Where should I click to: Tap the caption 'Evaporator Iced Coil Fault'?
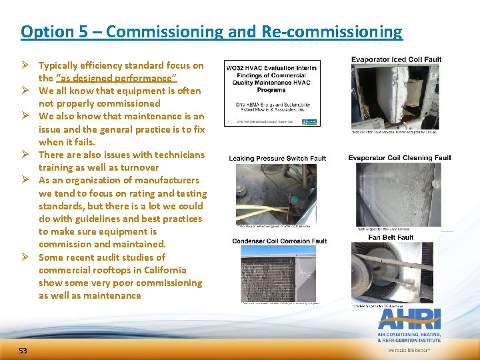(396, 60)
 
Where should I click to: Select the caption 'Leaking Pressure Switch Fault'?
(277, 159)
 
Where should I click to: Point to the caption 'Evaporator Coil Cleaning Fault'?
(399, 158)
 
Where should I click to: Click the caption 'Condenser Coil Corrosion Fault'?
(279, 241)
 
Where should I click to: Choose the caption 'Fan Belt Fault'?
(391, 237)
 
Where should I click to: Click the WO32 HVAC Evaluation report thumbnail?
(272, 93)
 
